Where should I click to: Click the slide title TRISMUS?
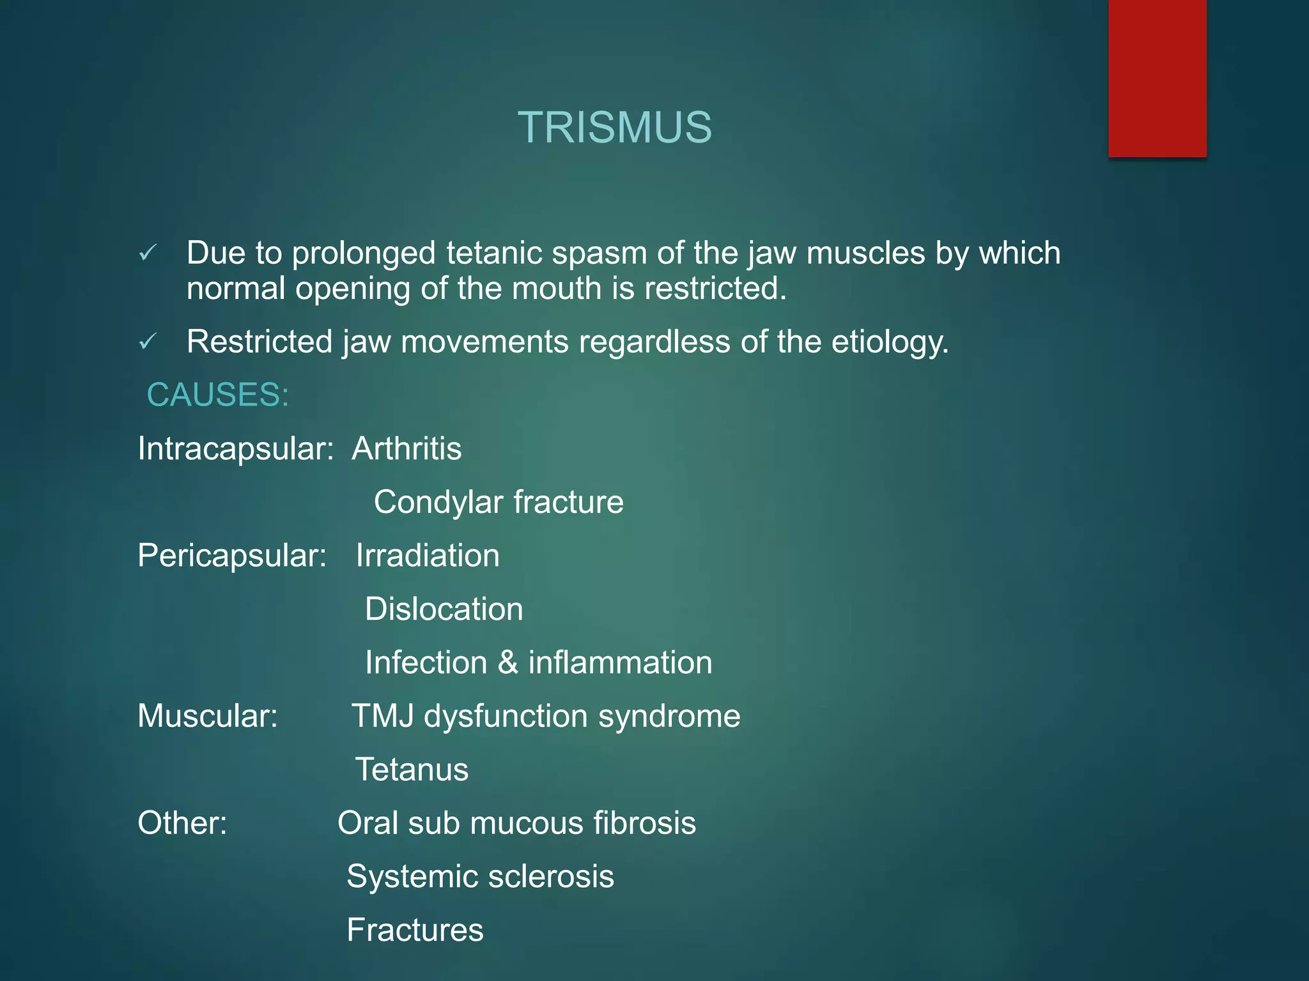[614, 127]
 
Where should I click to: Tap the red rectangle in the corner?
[1157, 78]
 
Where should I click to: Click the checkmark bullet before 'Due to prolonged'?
[148, 254]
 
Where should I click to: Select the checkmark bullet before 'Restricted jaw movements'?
[148, 342]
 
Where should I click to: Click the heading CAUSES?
[218, 395]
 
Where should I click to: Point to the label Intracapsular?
[235, 449]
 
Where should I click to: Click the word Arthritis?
[407, 448]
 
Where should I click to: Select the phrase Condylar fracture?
[499, 502]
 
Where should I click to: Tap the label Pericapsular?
[232, 556]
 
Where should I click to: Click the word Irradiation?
[428, 556]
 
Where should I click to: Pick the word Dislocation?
[444, 609]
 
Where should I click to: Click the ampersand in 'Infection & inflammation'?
[507, 662]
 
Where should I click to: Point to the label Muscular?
[208, 716]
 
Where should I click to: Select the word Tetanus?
[412, 770]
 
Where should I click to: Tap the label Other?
[182, 823]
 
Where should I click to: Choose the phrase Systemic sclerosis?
[480, 876]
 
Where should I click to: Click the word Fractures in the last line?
[415, 930]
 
